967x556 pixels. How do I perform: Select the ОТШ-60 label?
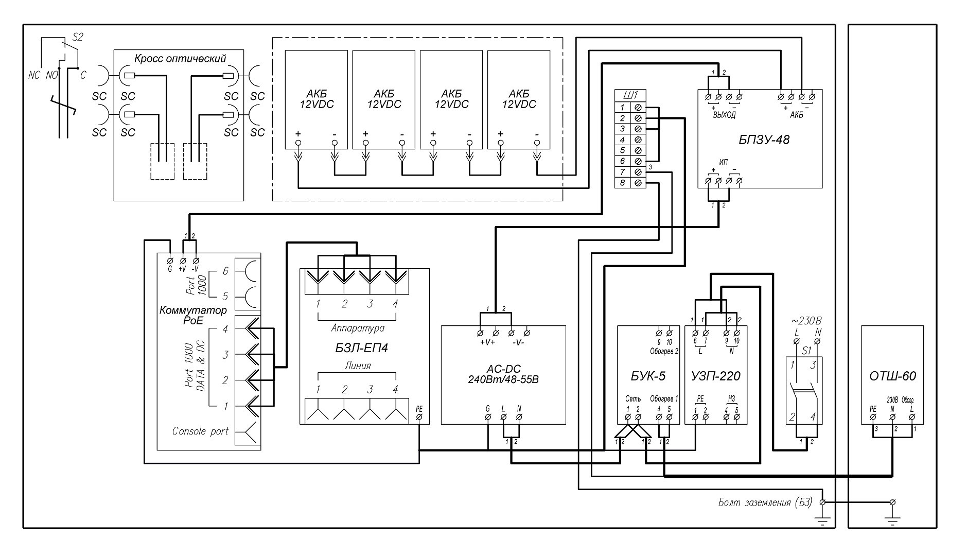pyautogui.click(x=892, y=376)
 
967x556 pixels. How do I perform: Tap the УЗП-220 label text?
pyautogui.click(x=716, y=376)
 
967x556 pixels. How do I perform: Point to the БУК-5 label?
pyautogui.click(x=648, y=376)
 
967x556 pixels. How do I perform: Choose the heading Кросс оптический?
pyautogui.click(x=180, y=59)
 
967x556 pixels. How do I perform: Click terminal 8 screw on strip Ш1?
pyautogui.click(x=638, y=183)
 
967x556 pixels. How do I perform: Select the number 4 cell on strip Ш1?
pyautogui.click(x=622, y=140)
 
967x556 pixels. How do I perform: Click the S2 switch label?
pyautogui.click(x=77, y=37)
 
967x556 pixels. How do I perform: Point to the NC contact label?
pyautogui.click(x=34, y=76)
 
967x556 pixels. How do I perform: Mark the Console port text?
pyautogui.click(x=200, y=431)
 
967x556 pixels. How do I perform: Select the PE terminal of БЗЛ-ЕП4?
pyautogui.click(x=419, y=416)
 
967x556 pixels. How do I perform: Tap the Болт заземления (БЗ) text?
pyautogui.click(x=765, y=502)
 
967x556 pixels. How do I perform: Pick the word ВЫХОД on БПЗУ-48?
pyautogui.click(x=724, y=116)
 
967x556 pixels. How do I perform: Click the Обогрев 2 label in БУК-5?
pyautogui.click(x=664, y=352)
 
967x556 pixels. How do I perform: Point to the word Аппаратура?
pyautogui.click(x=358, y=328)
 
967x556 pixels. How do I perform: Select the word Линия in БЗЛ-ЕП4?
pyautogui.click(x=358, y=366)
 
